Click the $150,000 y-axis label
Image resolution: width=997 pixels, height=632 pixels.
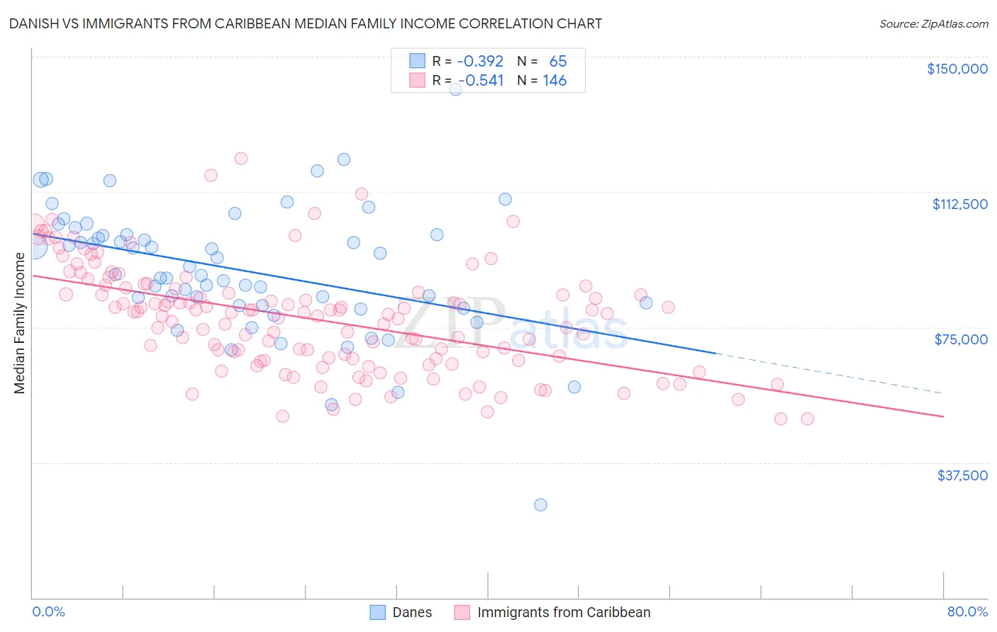point(957,69)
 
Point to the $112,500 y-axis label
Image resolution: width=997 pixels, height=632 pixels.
point(959,204)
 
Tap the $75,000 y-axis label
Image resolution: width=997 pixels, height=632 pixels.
point(961,339)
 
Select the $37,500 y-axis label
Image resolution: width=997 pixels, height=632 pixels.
point(962,475)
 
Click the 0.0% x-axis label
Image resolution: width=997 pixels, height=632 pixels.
point(48,611)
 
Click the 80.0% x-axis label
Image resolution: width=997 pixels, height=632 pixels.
point(967,611)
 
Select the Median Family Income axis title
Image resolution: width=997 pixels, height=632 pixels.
point(19,323)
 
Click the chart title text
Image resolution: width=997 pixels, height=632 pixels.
point(306,23)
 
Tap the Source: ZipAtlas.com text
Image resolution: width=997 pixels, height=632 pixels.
point(933,23)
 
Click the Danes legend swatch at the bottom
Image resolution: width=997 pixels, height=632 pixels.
point(378,612)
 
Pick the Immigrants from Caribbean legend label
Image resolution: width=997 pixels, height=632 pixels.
point(564,612)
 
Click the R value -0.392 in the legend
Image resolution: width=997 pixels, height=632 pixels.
point(479,61)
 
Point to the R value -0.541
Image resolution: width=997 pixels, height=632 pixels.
point(481,81)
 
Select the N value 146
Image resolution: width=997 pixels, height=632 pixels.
point(555,81)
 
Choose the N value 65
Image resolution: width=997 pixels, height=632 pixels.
point(557,61)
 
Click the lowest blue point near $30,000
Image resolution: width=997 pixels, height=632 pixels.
point(540,504)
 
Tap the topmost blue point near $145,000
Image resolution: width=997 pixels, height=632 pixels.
point(455,89)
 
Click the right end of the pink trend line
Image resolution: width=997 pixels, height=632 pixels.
point(942,417)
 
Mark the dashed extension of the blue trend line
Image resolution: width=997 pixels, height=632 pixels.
point(830,373)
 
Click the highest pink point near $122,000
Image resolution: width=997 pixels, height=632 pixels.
point(241,159)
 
